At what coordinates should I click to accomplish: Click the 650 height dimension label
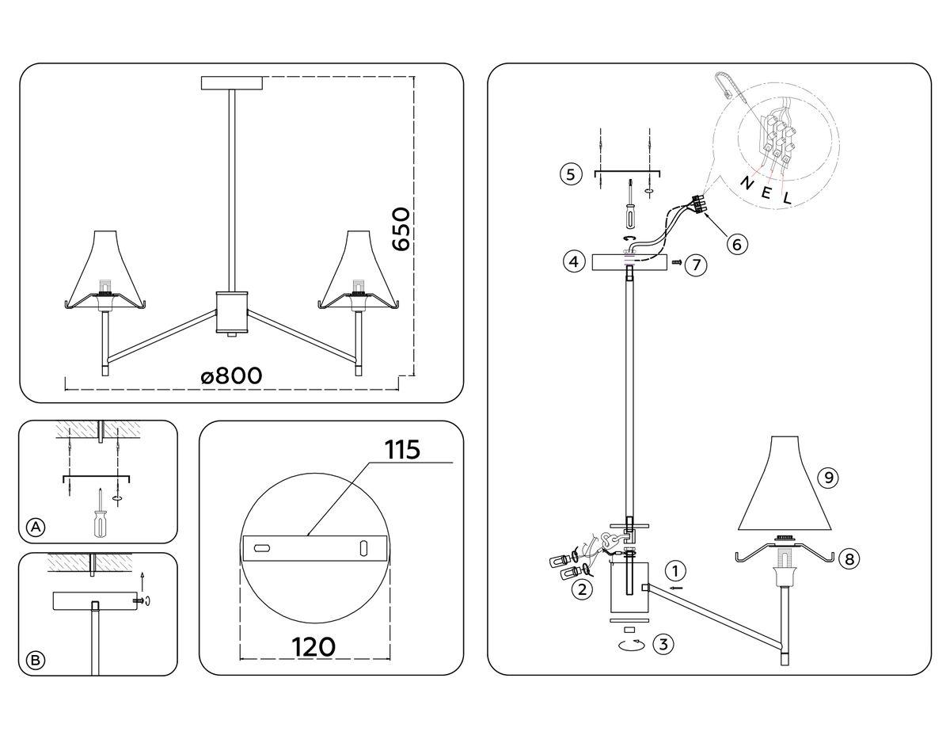tap(401, 230)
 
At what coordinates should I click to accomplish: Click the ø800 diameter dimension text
tap(231, 375)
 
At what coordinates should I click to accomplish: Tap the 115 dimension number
tap(401, 448)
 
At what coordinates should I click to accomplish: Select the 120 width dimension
tap(313, 646)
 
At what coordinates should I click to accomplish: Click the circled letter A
tap(35, 528)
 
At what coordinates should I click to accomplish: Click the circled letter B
tap(35, 660)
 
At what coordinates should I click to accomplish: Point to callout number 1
tap(674, 570)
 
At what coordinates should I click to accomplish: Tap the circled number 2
tap(581, 589)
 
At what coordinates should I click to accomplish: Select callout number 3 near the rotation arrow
tap(663, 644)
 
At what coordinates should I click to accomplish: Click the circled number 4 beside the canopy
tap(575, 261)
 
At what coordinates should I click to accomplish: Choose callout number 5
tap(570, 173)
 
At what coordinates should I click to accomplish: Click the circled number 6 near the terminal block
tap(736, 244)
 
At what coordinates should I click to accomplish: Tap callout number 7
tap(695, 265)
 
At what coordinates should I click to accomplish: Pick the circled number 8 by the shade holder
tap(849, 559)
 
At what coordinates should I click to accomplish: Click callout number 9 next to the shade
tap(829, 478)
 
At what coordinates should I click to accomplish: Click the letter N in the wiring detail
tap(746, 183)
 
